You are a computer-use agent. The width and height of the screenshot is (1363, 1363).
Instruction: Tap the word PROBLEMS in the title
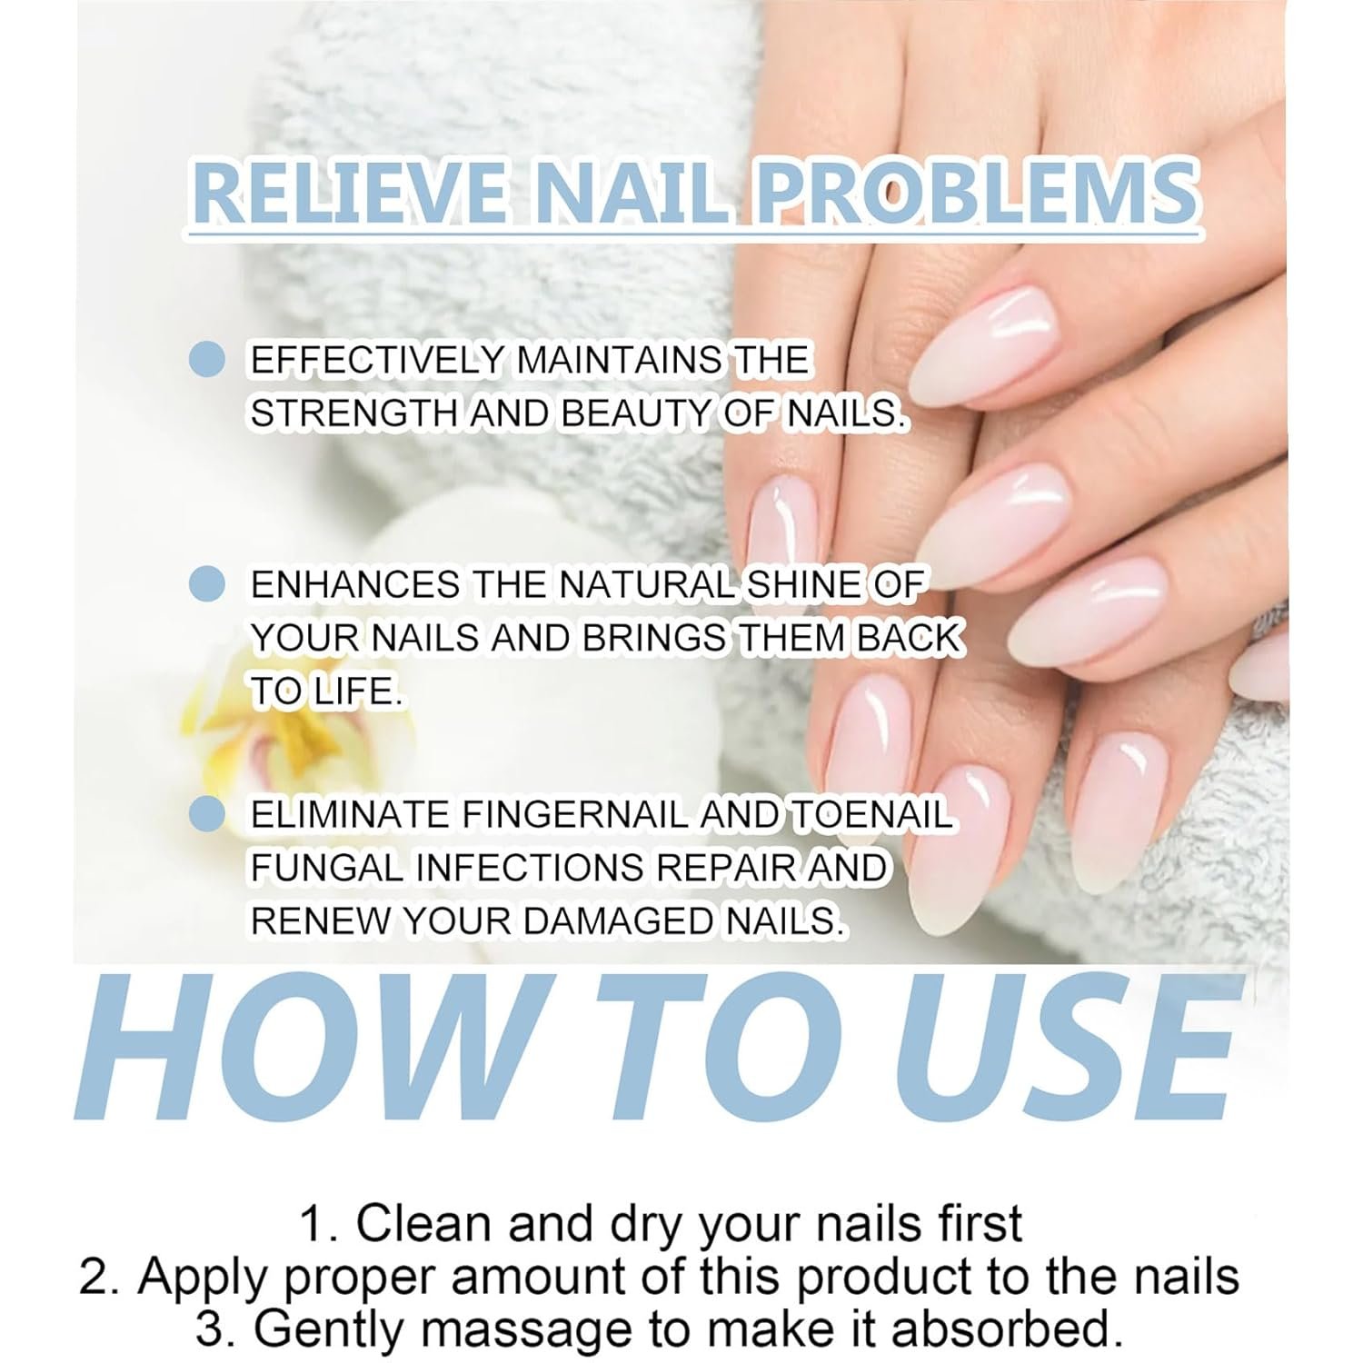tap(978, 194)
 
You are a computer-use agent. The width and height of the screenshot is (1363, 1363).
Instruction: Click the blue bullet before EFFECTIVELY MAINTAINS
tap(207, 359)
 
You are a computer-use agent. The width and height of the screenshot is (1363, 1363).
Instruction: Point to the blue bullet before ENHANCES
tap(207, 583)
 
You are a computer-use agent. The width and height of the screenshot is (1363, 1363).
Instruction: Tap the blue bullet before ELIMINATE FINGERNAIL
tap(207, 813)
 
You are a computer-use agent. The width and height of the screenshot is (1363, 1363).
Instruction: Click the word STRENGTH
tap(355, 413)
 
